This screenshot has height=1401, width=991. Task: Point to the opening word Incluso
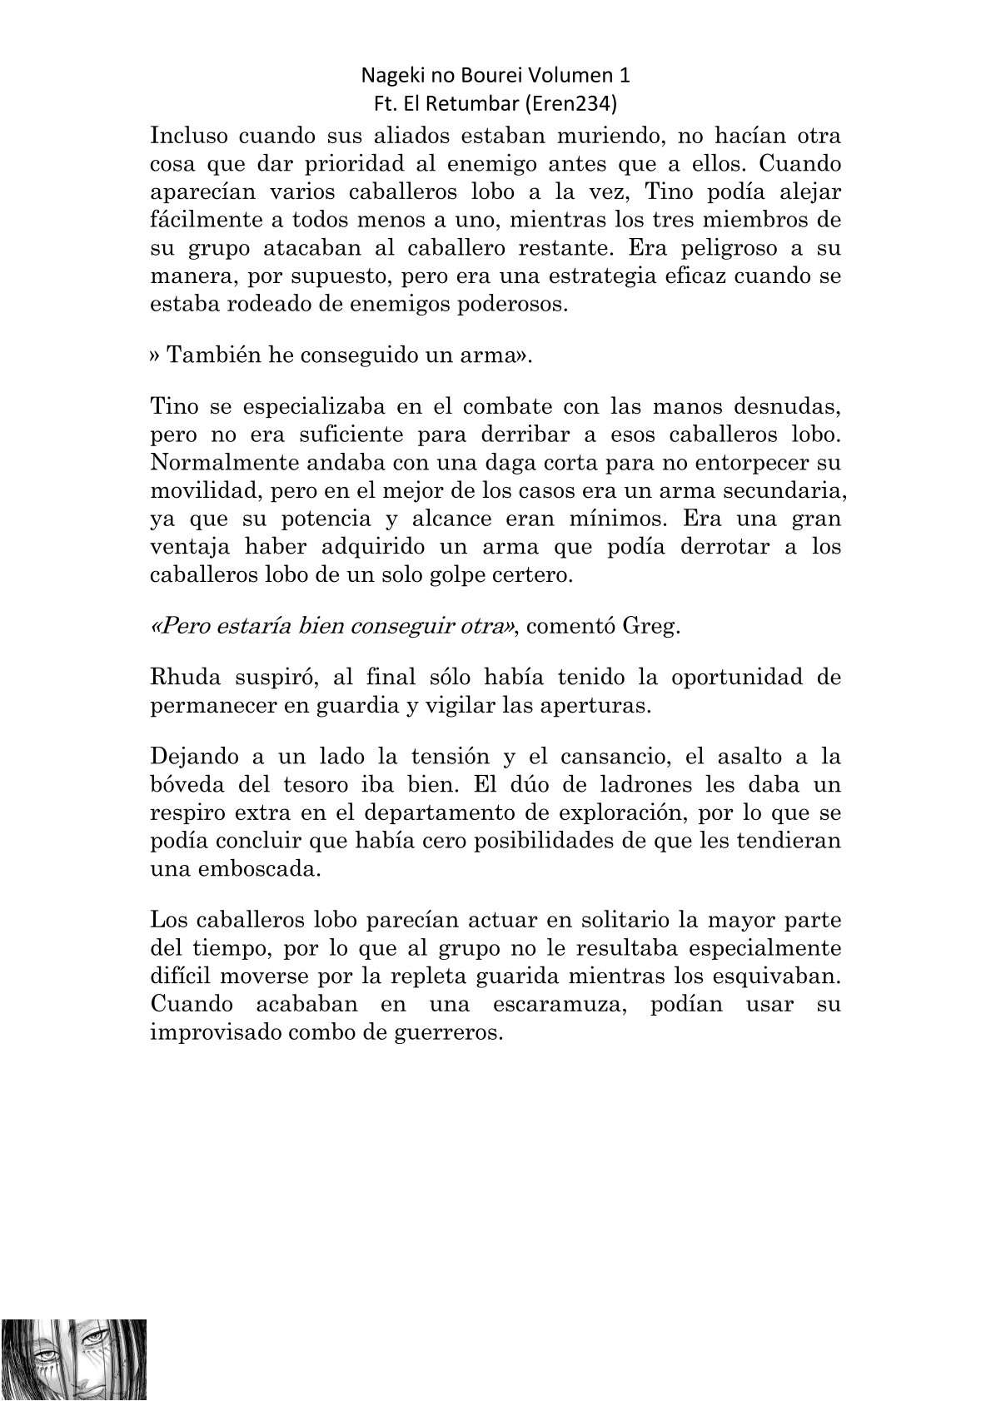187,136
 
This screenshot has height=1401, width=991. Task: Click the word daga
447,463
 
